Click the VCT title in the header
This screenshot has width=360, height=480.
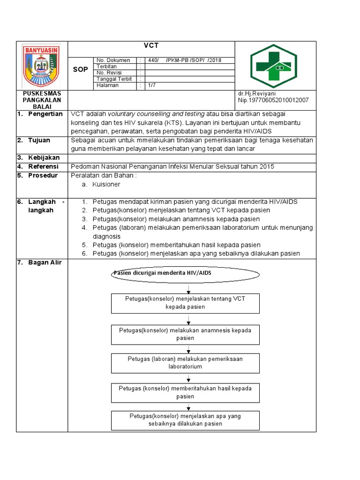[x=151, y=45]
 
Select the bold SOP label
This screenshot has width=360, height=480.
[x=81, y=69]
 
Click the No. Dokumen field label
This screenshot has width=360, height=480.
[x=113, y=60]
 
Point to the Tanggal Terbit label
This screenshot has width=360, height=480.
[x=114, y=79]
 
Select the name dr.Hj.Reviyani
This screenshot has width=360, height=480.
[x=257, y=94]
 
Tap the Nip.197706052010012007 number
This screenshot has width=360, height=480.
[x=273, y=100]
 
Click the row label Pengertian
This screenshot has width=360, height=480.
[x=45, y=114]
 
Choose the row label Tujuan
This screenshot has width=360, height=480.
[x=39, y=140]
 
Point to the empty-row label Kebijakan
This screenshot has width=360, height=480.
[x=44, y=157]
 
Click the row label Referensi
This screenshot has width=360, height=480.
[x=43, y=166]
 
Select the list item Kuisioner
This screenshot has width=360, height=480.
[x=106, y=185]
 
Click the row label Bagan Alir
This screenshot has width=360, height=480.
[x=45, y=262]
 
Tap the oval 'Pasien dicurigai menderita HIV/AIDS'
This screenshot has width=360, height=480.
[x=185, y=273]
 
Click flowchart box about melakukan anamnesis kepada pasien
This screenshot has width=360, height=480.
[x=185, y=334]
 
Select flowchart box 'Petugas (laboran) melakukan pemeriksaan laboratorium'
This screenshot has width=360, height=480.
[x=185, y=363]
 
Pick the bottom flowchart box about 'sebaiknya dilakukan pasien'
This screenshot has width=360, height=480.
[x=185, y=420]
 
